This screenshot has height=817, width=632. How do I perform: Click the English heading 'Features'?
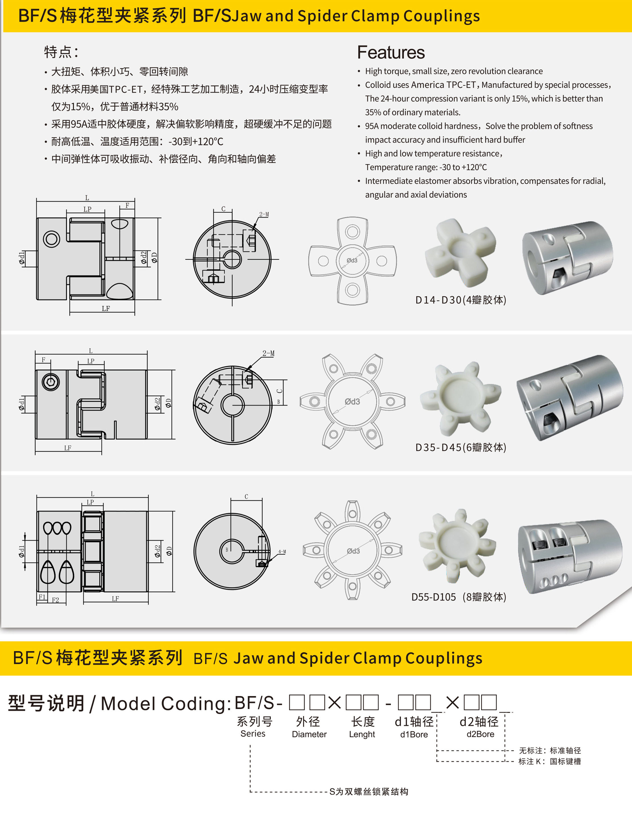(391, 52)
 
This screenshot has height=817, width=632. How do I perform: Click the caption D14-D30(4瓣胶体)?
(461, 300)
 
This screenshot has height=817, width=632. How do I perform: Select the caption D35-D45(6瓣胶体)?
(461, 447)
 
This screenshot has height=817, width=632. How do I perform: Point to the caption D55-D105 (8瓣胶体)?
(459, 597)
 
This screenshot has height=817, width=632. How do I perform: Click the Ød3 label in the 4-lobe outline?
(352, 260)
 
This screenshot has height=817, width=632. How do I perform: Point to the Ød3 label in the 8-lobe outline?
(353, 551)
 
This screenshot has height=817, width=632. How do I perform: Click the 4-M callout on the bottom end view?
(282, 552)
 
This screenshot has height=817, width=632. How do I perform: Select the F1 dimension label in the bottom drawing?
(42, 597)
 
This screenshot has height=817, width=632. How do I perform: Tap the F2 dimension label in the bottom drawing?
(55, 600)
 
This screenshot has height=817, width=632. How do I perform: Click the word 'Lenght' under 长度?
(362, 734)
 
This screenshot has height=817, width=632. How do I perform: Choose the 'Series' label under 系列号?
(253, 734)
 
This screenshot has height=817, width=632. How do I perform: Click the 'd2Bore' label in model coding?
(480, 734)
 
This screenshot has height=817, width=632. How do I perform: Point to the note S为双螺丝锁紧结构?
(369, 792)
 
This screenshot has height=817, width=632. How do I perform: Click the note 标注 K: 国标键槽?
(550, 762)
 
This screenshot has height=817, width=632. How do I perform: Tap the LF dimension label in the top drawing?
(106, 309)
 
